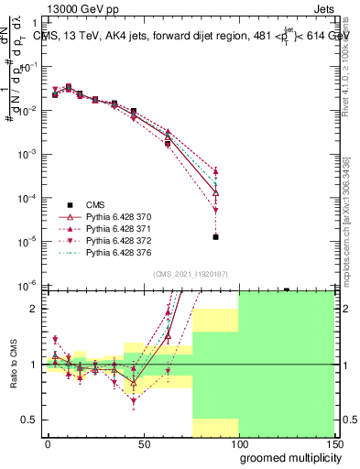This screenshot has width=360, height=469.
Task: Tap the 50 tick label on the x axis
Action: tap(143, 444)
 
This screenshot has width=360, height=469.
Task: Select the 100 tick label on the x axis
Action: tap(238, 444)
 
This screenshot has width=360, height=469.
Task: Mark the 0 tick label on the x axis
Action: tap(48, 444)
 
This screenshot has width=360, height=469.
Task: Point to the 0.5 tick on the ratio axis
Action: tap(31, 420)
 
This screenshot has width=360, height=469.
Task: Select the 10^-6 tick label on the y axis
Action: tap(28, 285)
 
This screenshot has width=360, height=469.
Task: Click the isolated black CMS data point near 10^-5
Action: tap(215, 236)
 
